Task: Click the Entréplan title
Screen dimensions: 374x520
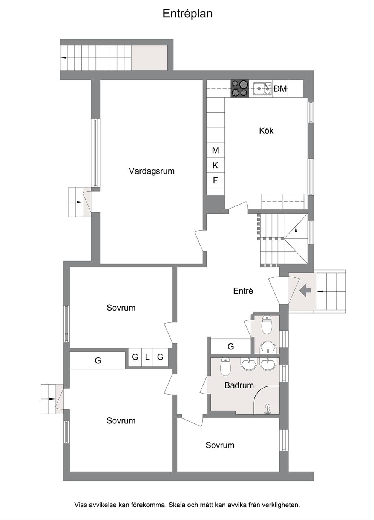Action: tap(187, 14)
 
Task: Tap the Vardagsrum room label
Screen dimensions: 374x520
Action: tap(152, 171)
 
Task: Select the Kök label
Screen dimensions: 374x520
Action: tap(266, 131)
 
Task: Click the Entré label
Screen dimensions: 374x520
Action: tap(243, 291)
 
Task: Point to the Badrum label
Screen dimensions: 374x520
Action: tap(239, 385)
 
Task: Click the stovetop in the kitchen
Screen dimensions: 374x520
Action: tap(239, 88)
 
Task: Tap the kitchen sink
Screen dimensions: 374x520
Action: tap(262, 88)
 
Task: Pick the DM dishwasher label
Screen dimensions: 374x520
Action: tap(280, 88)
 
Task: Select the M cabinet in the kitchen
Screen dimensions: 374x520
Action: tap(215, 151)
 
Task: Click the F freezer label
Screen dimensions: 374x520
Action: tap(215, 180)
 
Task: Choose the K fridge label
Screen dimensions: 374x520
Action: tap(215, 166)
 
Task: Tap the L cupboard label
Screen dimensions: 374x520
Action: tap(147, 357)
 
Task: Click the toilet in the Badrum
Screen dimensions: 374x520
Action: tap(225, 367)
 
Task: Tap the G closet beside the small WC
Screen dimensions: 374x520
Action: tap(231, 346)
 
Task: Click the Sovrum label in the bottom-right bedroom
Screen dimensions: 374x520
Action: tap(220, 445)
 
